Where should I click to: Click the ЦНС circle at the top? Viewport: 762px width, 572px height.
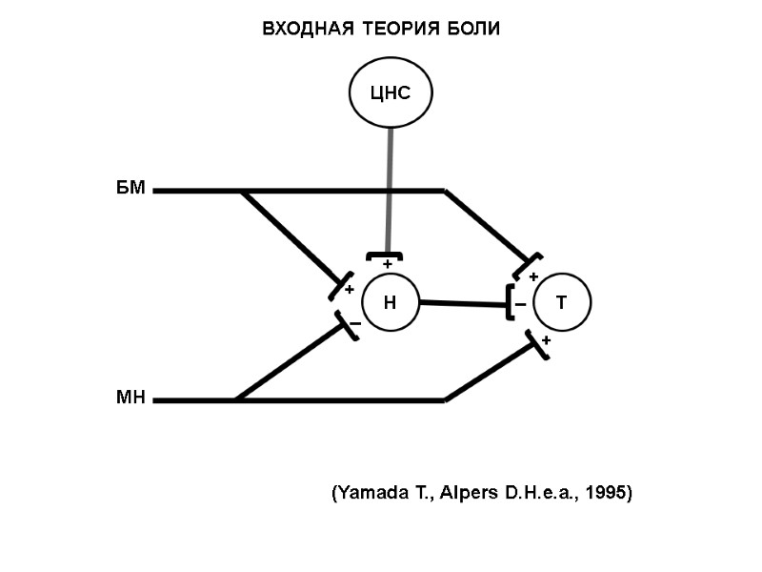(390, 92)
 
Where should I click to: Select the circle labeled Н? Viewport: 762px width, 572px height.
(390, 303)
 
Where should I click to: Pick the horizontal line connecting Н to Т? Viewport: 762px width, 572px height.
(462, 303)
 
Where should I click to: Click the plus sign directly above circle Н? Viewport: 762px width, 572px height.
(387, 264)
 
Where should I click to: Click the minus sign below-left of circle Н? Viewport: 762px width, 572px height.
(354, 324)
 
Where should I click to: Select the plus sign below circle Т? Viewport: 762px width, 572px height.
(546, 340)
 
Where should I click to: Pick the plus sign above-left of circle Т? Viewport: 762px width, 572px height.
(533, 276)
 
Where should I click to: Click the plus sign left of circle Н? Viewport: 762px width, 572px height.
(349, 289)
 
